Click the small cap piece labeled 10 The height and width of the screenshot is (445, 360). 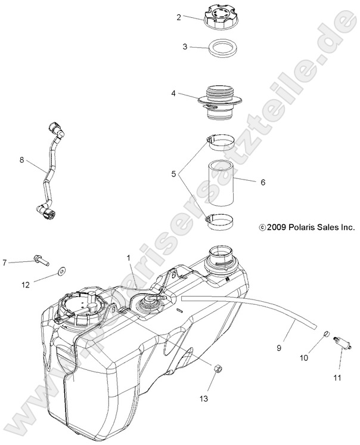point(327,332)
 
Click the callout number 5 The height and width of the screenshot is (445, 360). point(174,175)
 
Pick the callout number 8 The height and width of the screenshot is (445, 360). point(22,160)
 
